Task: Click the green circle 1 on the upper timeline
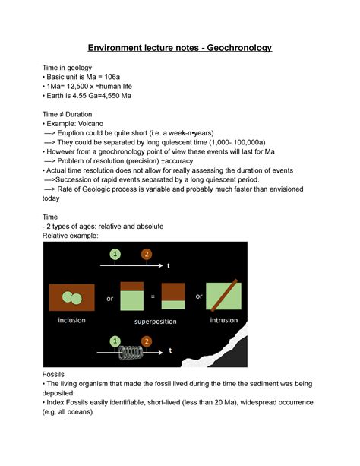[115, 254]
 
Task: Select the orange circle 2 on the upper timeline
[146, 254]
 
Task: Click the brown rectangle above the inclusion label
[71, 296]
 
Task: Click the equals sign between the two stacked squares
[153, 296]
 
